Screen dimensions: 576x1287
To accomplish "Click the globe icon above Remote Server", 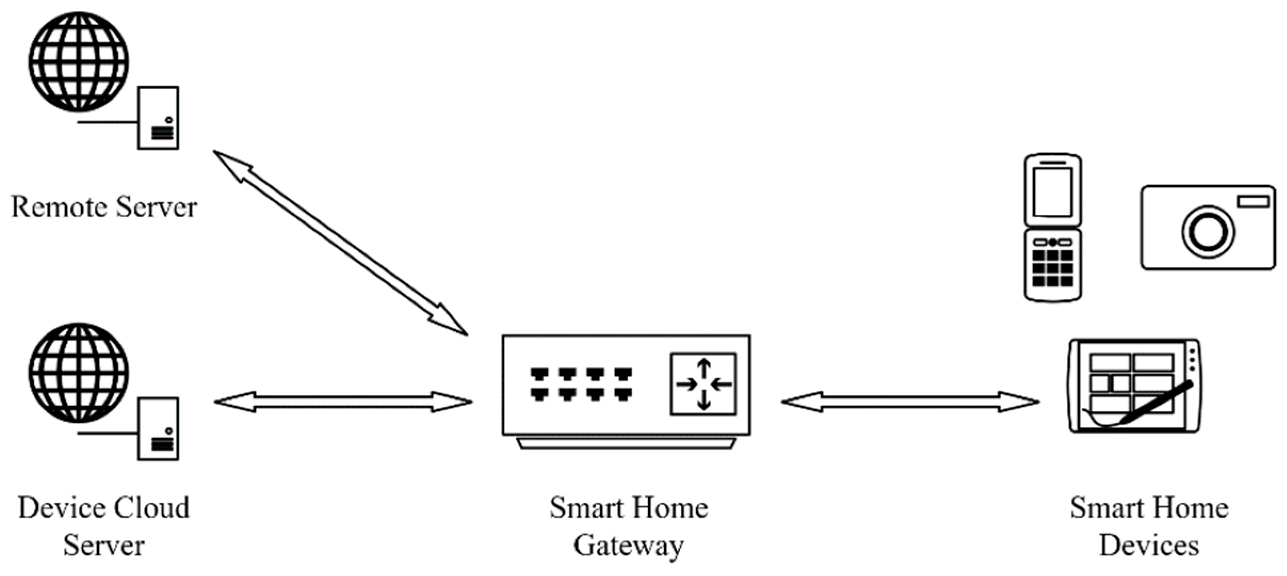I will [x=78, y=62].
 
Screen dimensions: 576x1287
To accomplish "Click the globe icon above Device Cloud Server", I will [x=78, y=373].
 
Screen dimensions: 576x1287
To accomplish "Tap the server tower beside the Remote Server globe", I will [x=158, y=118].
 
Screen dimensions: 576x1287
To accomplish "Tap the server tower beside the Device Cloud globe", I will [x=158, y=429].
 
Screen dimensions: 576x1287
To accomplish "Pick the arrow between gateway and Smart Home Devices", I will [x=910, y=402].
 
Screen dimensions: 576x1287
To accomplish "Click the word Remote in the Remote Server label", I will [x=59, y=207].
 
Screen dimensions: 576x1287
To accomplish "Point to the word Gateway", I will [x=628, y=546].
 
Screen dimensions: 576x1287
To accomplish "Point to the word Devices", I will [x=1149, y=546].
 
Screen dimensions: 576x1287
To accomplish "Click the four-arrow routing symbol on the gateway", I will [x=703, y=384].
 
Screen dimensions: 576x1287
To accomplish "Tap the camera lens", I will [x=1208, y=232].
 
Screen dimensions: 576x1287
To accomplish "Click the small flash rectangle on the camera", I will [x=1253, y=202].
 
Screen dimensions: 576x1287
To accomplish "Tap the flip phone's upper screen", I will [x=1053, y=192].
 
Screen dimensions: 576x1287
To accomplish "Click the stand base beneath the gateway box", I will [x=626, y=443].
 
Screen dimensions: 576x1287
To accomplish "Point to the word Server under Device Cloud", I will [x=104, y=546].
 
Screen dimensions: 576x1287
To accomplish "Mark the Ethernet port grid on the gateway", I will [x=581, y=383].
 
